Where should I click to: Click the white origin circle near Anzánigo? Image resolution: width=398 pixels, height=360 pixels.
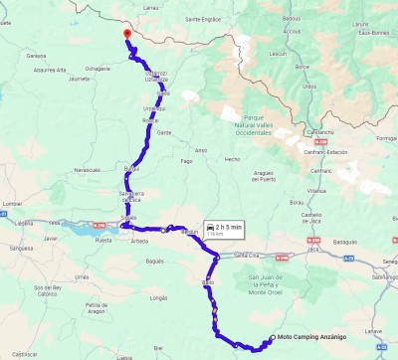click(270, 340)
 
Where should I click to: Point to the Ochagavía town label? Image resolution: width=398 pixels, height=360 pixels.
click(98, 69)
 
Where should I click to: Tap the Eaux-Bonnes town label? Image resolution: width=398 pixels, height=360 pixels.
click(373, 33)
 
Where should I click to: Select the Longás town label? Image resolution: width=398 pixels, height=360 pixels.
click(157, 297)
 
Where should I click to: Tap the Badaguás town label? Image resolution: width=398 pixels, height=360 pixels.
click(345, 241)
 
